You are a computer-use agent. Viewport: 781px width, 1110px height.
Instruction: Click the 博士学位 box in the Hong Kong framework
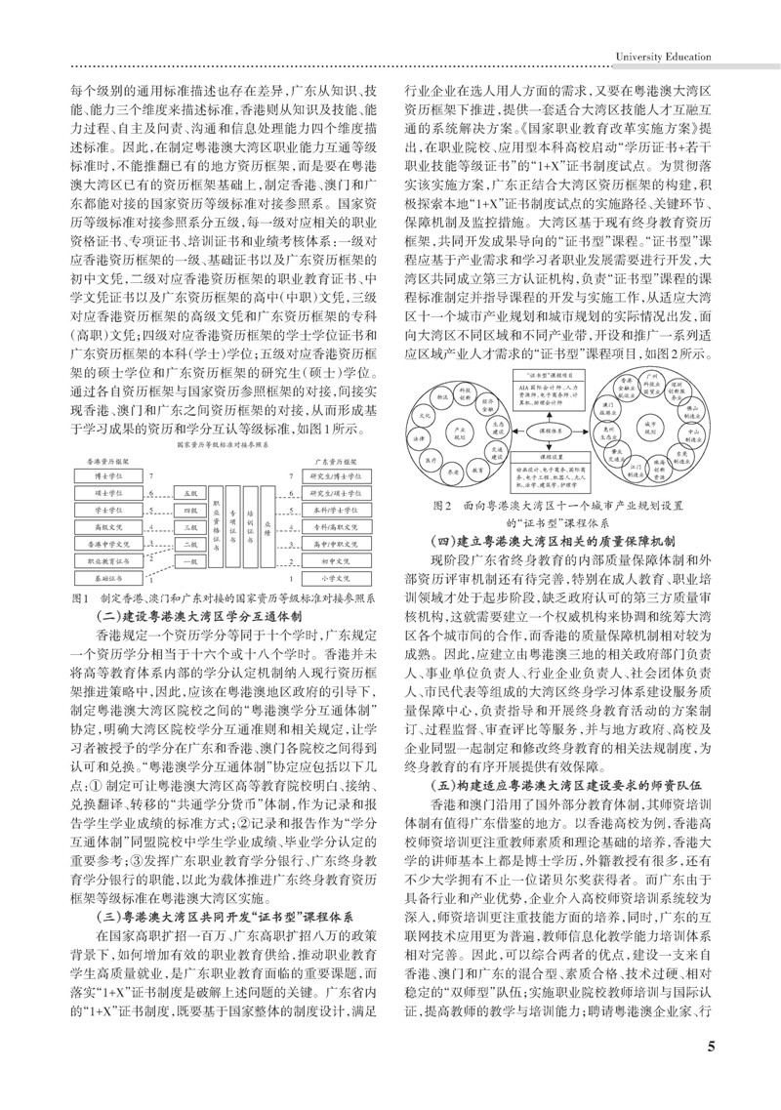pyautogui.click(x=108, y=476)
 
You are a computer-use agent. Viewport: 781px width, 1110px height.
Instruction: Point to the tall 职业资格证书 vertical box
pyautogui.click(x=216, y=527)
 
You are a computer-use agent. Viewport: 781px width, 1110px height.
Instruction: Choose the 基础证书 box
pyautogui.click(x=108, y=578)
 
